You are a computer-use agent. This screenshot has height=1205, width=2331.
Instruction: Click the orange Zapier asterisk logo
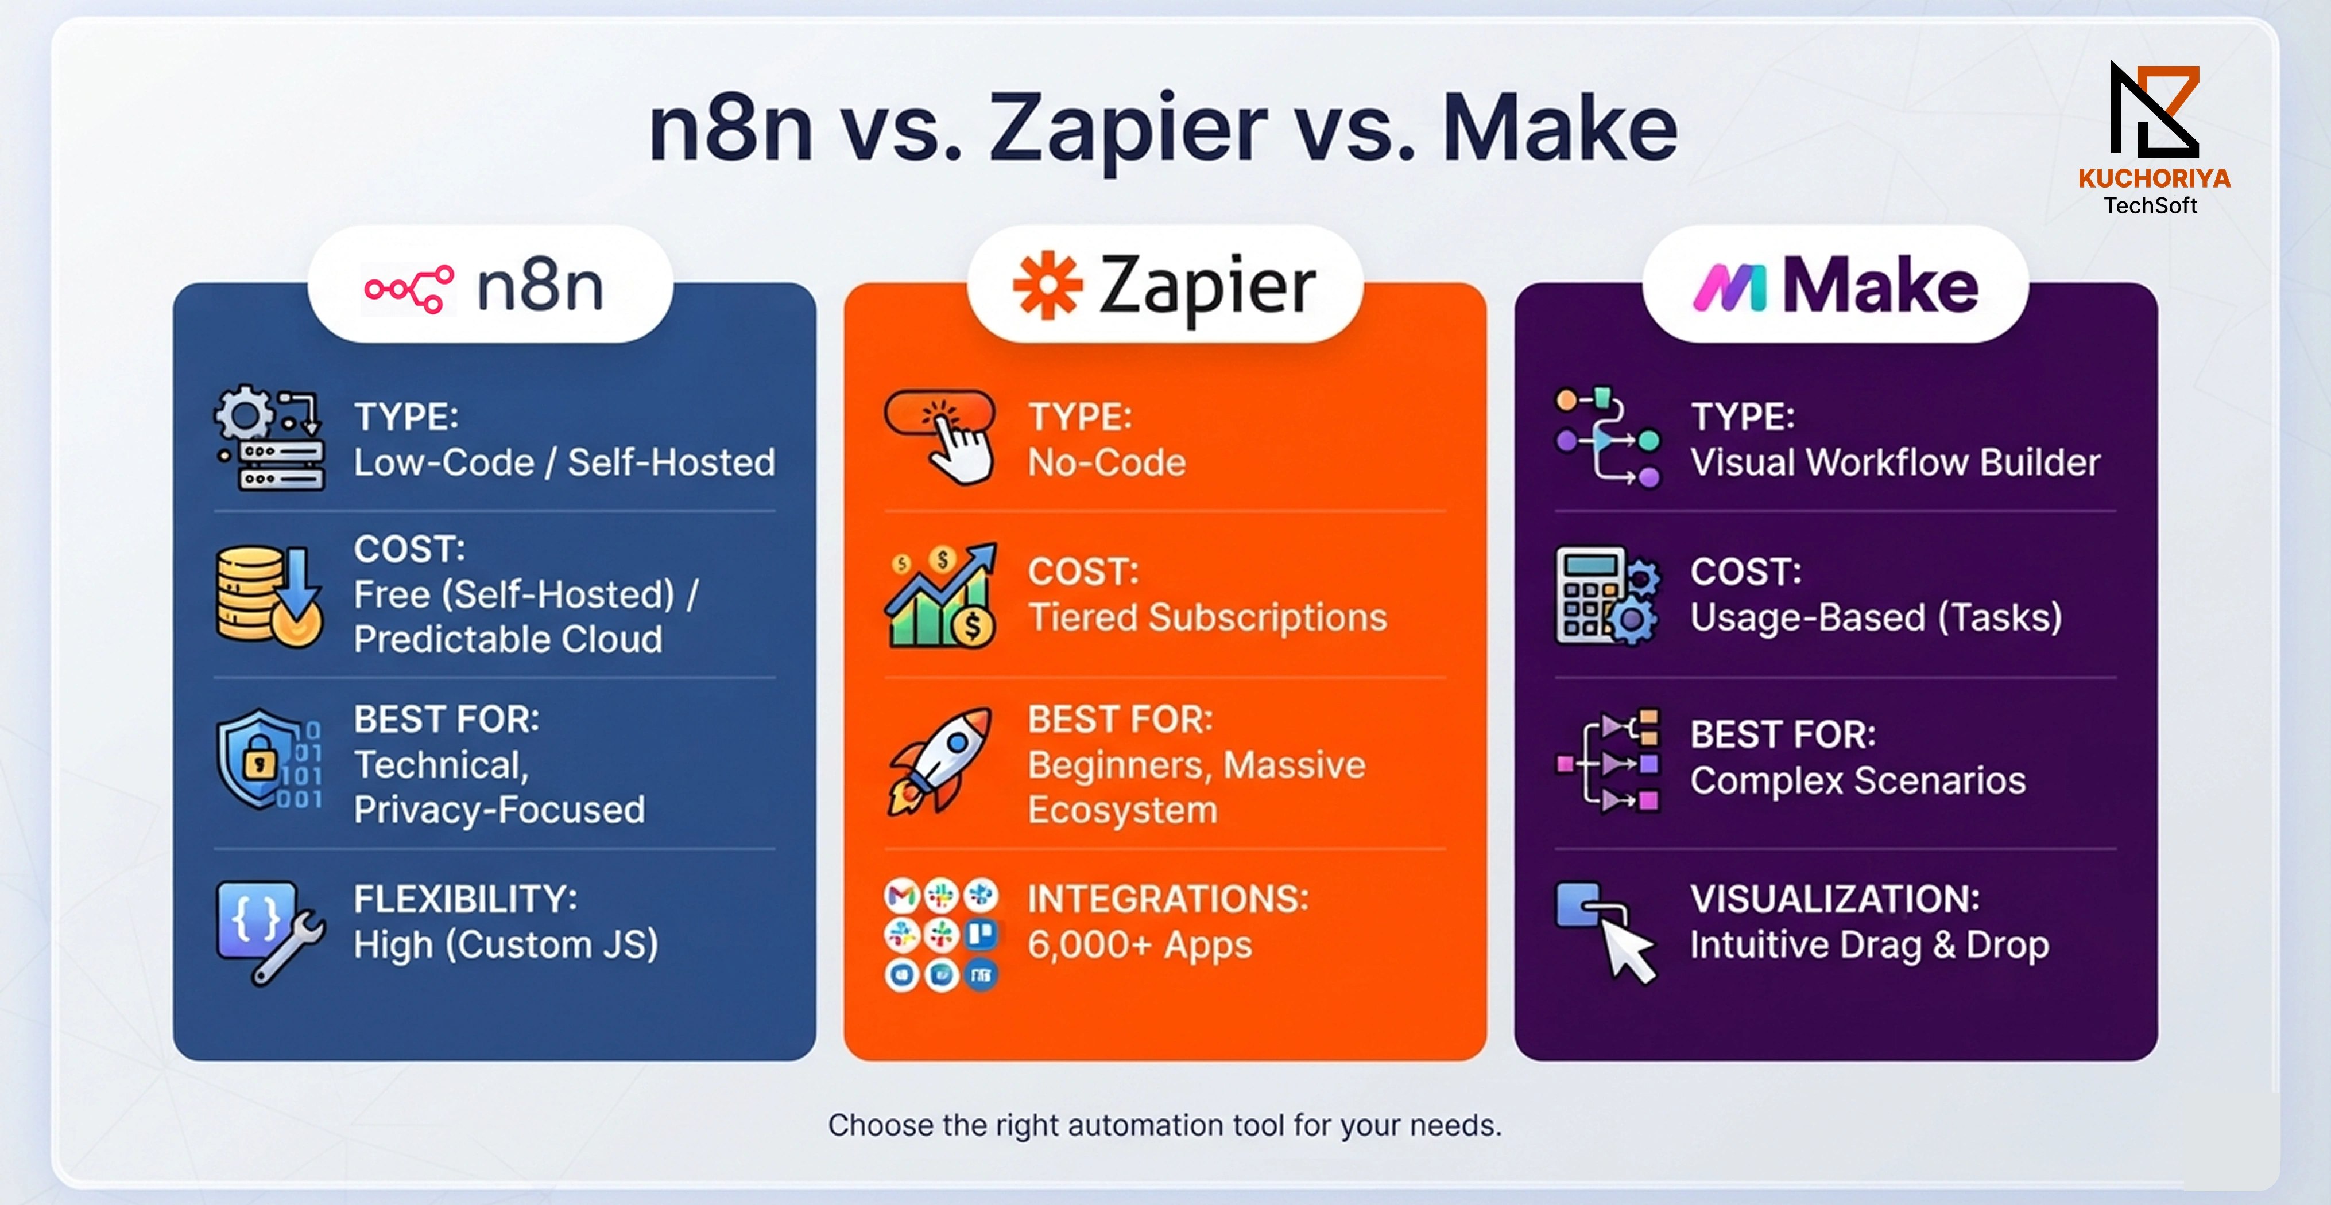pos(1047,286)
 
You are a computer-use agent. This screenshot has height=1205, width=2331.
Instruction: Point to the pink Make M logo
pos(1729,287)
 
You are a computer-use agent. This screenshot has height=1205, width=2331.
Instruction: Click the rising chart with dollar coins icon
pos(941,595)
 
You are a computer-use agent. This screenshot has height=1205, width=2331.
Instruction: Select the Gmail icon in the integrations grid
pos(902,896)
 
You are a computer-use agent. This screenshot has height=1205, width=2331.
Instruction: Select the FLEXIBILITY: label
pos(465,899)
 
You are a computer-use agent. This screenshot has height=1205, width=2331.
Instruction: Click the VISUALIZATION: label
pos(1835,899)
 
